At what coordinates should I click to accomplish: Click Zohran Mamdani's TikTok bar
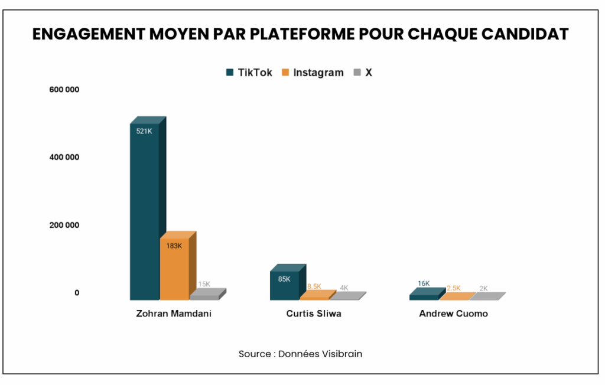tap(144, 213)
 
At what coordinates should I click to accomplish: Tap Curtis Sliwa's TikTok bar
tap(284, 286)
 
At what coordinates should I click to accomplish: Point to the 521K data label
tap(144, 131)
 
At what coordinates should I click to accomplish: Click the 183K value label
tap(174, 246)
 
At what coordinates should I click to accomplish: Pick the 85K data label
tap(284, 279)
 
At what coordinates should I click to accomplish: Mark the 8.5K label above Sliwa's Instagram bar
tap(314, 286)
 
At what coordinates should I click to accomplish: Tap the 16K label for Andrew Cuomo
tap(424, 283)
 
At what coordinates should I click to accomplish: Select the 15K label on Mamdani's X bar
tap(204, 284)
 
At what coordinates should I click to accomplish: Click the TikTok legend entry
tap(249, 73)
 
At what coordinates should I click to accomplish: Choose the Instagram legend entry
tap(313, 73)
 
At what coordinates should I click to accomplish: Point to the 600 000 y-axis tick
tap(64, 90)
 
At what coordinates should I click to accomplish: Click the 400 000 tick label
tap(64, 158)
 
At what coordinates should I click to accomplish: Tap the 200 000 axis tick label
tap(64, 226)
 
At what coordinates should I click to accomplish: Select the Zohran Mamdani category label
tap(173, 314)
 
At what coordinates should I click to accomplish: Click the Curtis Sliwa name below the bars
tap(314, 314)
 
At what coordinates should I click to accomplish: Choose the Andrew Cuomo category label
tap(453, 314)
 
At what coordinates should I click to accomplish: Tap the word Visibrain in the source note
tap(342, 354)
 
